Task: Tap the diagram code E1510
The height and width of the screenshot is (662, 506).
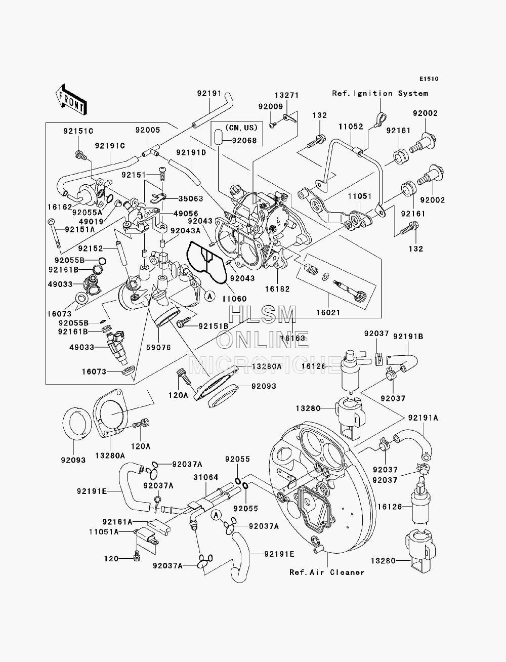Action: pyautogui.click(x=429, y=79)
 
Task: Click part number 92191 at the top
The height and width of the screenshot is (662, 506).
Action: pyautogui.click(x=209, y=94)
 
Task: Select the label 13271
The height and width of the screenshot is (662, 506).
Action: pyautogui.click(x=286, y=95)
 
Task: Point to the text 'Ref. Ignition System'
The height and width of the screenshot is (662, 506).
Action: pyautogui.click(x=380, y=94)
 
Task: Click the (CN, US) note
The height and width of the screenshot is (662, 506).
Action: pyautogui.click(x=241, y=128)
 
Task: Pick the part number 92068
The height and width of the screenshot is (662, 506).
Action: pyautogui.click(x=244, y=141)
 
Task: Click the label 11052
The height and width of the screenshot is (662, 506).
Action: pyautogui.click(x=351, y=127)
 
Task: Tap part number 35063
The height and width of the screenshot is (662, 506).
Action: pyautogui.click(x=191, y=199)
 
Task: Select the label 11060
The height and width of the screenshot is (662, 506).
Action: pyautogui.click(x=234, y=299)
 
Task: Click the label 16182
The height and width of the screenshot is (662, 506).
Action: pyautogui.click(x=277, y=289)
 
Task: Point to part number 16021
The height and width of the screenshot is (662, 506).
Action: pyautogui.click(x=328, y=312)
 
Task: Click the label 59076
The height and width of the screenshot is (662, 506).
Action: pyautogui.click(x=158, y=347)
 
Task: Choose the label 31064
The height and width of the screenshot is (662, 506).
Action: pyautogui.click(x=205, y=477)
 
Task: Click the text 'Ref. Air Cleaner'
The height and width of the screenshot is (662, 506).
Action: pyautogui.click(x=327, y=572)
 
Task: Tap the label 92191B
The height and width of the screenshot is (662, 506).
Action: pyautogui.click(x=408, y=337)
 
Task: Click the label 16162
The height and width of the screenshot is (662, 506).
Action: pyautogui.click(x=60, y=207)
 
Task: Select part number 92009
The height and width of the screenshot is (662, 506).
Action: pyautogui.click(x=271, y=106)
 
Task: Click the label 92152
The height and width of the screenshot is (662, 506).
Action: pyautogui.click(x=91, y=249)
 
